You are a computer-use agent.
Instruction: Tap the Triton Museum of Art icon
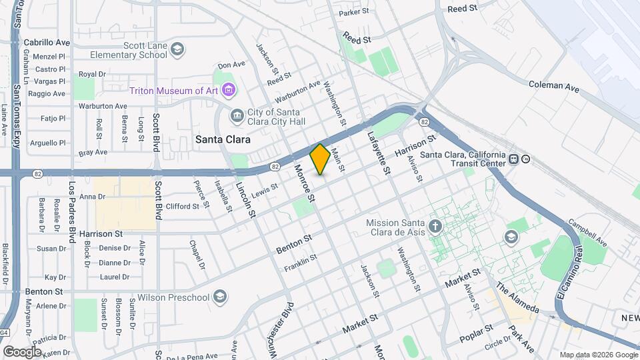click(229, 89)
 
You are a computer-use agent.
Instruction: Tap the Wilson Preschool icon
click(220, 297)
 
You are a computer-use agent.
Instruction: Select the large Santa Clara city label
click(223, 140)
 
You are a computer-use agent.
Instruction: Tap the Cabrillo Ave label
click(47, 42)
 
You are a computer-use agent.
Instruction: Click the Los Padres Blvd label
click(71, 211)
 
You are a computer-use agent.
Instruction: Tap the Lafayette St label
click(378, 153)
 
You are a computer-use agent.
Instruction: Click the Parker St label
click(353, 12)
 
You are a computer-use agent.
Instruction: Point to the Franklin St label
click(298, 264)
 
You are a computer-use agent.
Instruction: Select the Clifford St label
click(183, 207)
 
